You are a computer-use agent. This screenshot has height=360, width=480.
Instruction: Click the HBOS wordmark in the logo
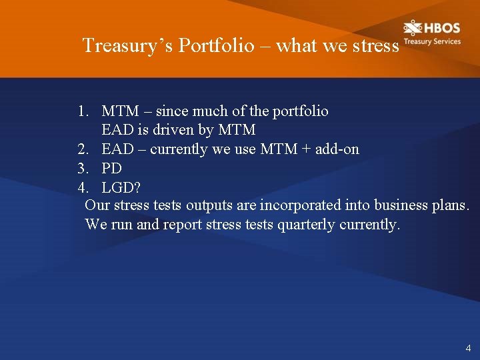click(x=441, y=28)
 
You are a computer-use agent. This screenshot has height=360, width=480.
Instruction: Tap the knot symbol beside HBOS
click(x=413, y=28)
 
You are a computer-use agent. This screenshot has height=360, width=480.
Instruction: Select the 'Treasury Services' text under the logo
click(x=431, y=41)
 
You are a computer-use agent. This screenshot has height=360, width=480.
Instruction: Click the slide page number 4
click(x=468, y=348)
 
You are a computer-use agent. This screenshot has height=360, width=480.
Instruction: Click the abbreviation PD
click(x=111, y=169)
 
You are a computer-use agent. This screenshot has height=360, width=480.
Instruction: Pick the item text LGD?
click(x=121, y=187)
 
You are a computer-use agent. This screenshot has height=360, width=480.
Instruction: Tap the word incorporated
click(x=298, y=205)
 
